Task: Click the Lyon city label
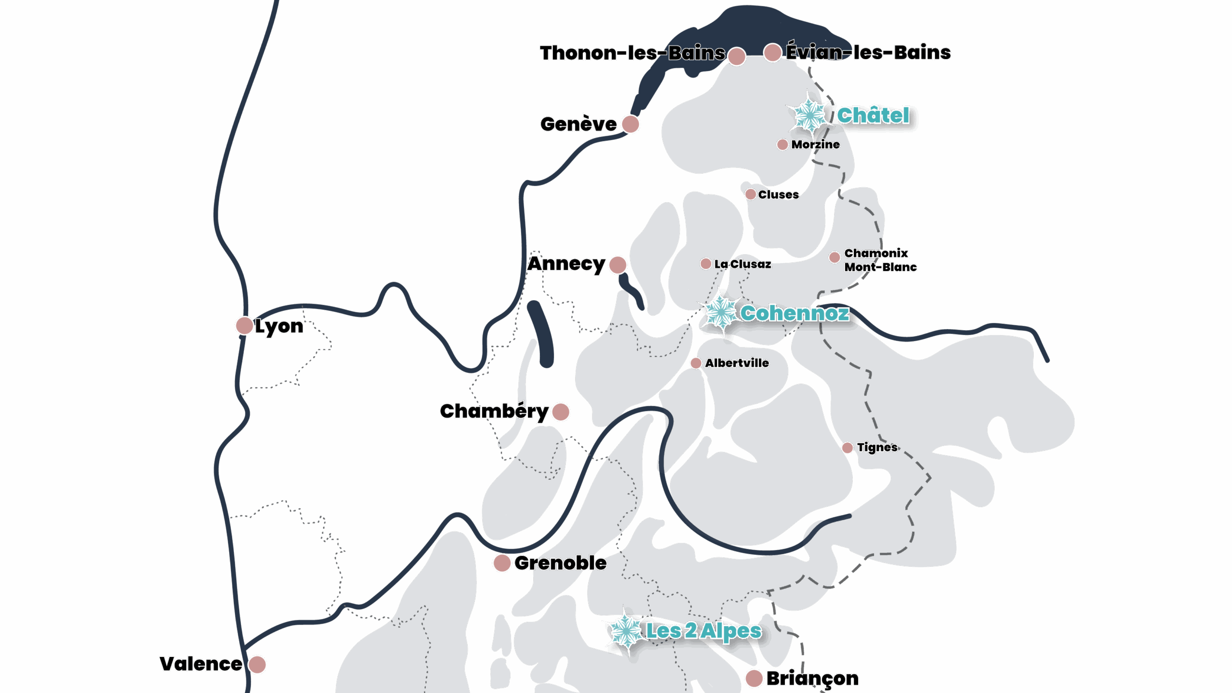(x=279, y=326)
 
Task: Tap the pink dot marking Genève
(x=630, y=124)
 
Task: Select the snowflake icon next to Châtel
(x=810, y=115)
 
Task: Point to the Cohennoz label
(x=795, y=313)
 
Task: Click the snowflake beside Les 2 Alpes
(x=626, y=631)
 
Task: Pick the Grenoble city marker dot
(x=502, y=563)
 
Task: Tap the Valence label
(x=201, y=664)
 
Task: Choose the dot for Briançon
(x=754, y=679)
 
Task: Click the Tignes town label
(x=877, y=448)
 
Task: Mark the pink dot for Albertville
(x=696, y=363)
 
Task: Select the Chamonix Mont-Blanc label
(x=880, y=260)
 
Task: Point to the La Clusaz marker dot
(x=706, y=264)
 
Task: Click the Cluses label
(x=779, y=194)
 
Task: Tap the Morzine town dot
(x=783, y=144)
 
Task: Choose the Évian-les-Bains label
(x=869, y=52)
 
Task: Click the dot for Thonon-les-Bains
(x=737, y=56)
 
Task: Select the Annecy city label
(x=566, y=264)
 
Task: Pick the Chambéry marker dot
(x=561, y=412)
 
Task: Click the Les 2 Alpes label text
(x=704, y=631)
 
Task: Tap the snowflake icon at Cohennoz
(x=720, y=313)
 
